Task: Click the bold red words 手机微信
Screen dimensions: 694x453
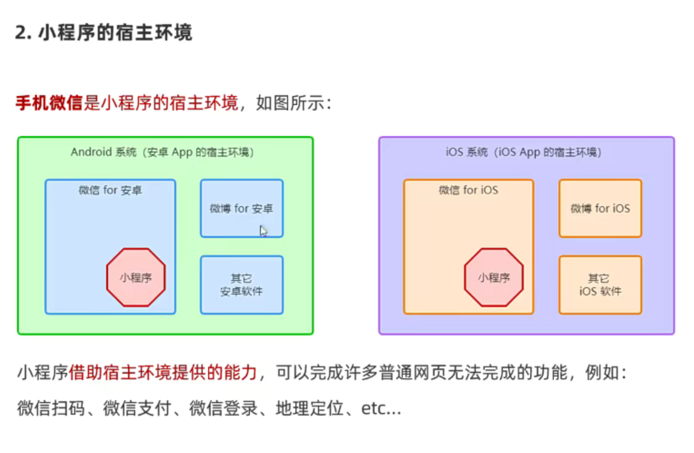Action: click(x=49, y=103)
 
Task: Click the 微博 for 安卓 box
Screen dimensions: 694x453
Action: click(x=241, y=208)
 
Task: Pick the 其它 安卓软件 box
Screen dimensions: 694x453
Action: click(x=241, y=285)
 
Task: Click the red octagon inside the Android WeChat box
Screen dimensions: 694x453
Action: click(x=135, y=278)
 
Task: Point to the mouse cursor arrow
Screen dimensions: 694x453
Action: click(x=263, y=230)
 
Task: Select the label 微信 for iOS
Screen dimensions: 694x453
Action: click(x=468, y=190)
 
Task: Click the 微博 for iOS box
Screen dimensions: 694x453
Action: click(x=600, y=208)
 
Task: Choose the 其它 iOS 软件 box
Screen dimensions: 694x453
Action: click(x=600, y=285)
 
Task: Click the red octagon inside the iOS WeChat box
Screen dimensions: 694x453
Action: click(x=493, y=278)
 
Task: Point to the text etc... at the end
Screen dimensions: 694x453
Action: click(x=381, y=408)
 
